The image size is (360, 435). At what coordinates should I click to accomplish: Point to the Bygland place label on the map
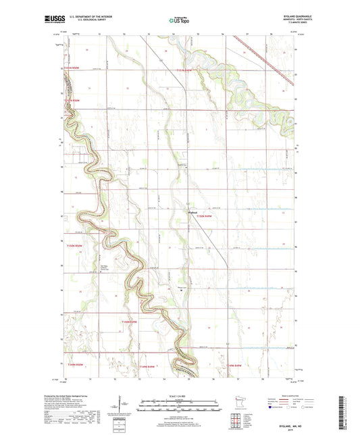pos(192,210)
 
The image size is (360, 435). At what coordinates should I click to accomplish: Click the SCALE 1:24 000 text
pos(180,396)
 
